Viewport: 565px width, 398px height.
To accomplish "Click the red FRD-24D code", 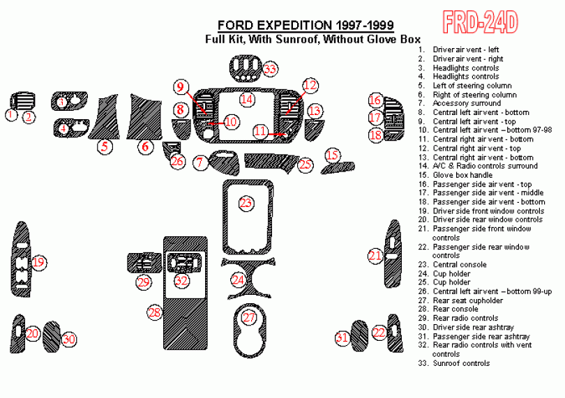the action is point(481,22).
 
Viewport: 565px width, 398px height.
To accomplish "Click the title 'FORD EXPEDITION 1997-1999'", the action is point(306,25).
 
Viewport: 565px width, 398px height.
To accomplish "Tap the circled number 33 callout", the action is point(270,68).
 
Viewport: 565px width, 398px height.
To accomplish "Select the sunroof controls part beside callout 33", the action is point(245,69).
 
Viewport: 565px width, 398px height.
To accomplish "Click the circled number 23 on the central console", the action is point(246,203).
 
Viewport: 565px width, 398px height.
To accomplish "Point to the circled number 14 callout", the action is point(247,99).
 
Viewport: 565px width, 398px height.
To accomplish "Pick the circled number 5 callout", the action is point(105,146).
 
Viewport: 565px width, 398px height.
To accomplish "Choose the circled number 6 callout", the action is point(146,146).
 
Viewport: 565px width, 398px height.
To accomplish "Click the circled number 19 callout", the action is point(38,262).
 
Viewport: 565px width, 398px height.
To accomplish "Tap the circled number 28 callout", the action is point(155,312).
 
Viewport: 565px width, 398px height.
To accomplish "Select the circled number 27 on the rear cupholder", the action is point(249,317).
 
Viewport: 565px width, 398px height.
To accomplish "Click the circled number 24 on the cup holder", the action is point(238,280).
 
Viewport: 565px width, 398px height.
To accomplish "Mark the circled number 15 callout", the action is point(332,155).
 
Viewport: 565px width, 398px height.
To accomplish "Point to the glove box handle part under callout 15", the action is point(338,167).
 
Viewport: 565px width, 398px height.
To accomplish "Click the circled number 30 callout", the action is point(69,339).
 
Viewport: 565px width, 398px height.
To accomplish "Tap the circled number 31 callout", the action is point(342,337).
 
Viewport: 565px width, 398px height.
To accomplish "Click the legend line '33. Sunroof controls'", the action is point(454,363).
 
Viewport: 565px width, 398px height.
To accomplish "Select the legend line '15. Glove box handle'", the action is point(455,175).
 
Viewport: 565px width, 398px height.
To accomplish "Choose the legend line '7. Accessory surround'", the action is point(460,103).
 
